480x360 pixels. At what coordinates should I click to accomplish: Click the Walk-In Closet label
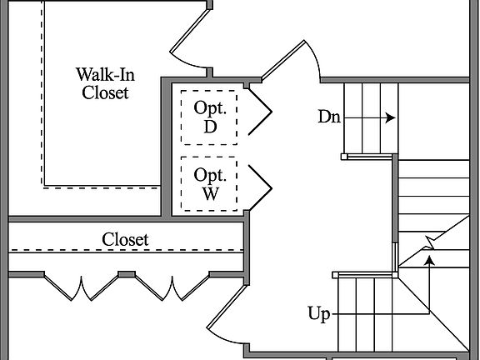105,83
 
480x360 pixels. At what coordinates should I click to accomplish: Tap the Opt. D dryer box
209,117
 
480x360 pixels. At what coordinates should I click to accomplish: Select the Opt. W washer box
209,183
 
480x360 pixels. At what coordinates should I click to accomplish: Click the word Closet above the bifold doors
125,239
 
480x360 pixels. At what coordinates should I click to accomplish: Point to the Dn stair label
329,117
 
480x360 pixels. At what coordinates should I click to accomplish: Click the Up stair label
319,314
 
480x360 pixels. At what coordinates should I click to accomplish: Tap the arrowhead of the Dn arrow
390,117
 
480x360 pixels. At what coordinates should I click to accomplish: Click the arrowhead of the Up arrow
430,261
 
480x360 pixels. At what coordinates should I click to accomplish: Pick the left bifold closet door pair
81,287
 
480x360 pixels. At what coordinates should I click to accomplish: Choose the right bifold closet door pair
172,287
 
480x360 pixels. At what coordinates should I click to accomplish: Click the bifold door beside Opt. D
260,112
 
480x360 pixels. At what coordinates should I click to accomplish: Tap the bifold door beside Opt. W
260,187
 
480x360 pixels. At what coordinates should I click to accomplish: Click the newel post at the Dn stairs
344,157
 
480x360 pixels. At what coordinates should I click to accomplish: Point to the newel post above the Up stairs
336,275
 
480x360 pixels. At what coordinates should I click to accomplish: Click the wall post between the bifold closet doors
127,274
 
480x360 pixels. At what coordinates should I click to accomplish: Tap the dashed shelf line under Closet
126,251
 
